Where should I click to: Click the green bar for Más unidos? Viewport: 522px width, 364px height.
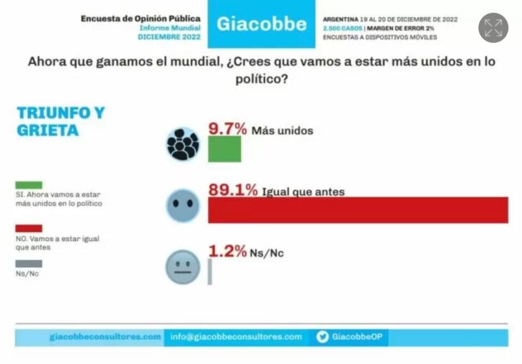pos(224,149)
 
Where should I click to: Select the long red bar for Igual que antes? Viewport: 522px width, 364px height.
pos(358,210)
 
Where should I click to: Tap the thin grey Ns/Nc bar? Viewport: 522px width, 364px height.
pos(210,272)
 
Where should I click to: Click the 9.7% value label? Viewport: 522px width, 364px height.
pos(228,129)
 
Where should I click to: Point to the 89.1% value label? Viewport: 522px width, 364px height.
pos(233,190)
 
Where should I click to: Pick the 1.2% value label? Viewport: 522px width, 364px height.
pos(227,251)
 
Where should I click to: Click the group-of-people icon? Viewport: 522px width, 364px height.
pos(183,144)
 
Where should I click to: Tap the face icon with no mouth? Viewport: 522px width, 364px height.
pos(183,205)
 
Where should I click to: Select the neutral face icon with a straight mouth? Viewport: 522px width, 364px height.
pos(183,267)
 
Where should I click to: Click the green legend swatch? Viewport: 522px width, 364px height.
pos(29,185)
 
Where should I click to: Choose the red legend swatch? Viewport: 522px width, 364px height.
pos(29,229)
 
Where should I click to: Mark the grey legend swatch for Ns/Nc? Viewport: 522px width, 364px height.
pos(29,264)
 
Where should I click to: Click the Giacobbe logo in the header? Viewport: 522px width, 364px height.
pos(261,24)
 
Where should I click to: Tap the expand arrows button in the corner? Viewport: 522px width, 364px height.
pos(493,28)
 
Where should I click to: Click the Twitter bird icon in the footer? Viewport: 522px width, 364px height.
pos(322,337)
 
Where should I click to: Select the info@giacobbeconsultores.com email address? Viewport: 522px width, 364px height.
pos(236,337)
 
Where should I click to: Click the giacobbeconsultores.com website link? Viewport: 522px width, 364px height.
pos(105,337)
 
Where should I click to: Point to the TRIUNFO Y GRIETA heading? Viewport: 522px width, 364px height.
pos(60,121)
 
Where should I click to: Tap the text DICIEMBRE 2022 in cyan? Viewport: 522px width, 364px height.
pos(169,37)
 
